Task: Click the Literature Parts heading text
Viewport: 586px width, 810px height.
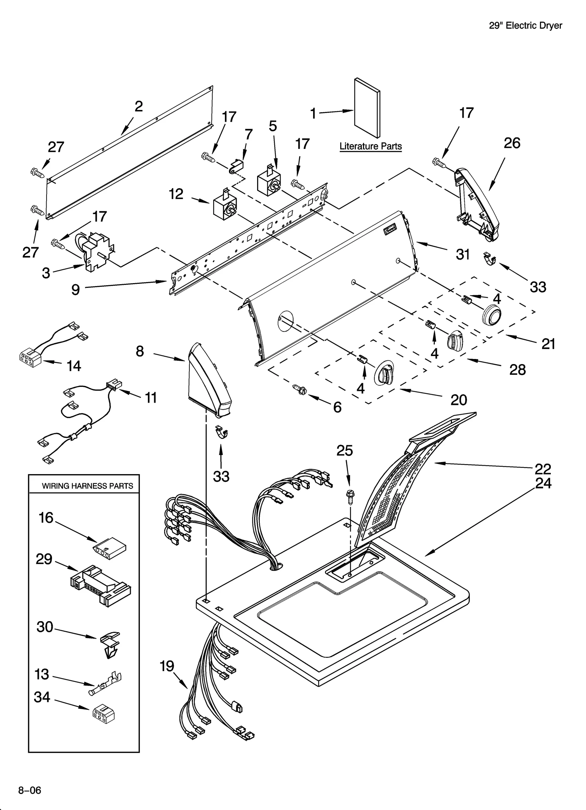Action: click(370, 146)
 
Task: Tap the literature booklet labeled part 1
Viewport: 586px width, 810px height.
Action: click(367, 107)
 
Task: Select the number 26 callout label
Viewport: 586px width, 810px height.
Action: click(511, 143)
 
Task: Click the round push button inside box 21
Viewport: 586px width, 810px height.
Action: click(491, 315)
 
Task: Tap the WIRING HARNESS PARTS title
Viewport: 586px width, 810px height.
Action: click(87, 486)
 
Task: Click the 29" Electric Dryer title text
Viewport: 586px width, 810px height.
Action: click(525, 25)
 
